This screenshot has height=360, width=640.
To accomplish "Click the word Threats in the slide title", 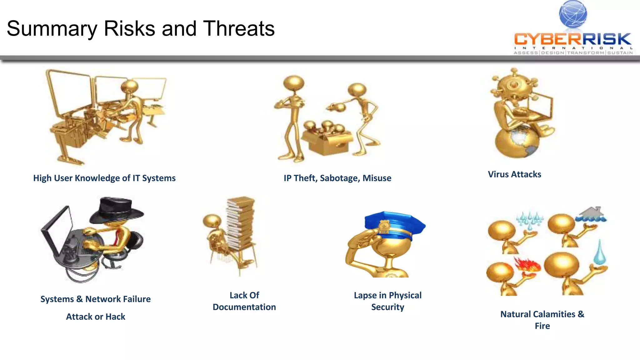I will click(x=239, y=29).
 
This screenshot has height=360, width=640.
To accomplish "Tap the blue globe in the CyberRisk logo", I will click(x=573, y=14).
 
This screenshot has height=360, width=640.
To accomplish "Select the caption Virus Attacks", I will click(x=514, y=174).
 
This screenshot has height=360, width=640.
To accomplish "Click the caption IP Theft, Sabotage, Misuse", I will click(x=337, y=178).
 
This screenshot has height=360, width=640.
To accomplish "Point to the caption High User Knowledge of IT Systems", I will click(x=104, y=178).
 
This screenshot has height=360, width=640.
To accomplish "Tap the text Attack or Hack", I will click(x=96, y=317).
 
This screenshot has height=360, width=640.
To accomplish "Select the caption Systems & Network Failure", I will click(x=96, y=299).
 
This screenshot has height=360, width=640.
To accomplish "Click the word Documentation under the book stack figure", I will click(x=244, y=307).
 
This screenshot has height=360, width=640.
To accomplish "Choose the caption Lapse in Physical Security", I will click(x=387, y=301).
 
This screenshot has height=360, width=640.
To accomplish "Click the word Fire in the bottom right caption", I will click(x=542, y=326).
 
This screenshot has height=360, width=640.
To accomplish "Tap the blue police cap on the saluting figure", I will click(x=394, y=222).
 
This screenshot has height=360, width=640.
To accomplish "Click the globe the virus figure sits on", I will click(x=516, y=142).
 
